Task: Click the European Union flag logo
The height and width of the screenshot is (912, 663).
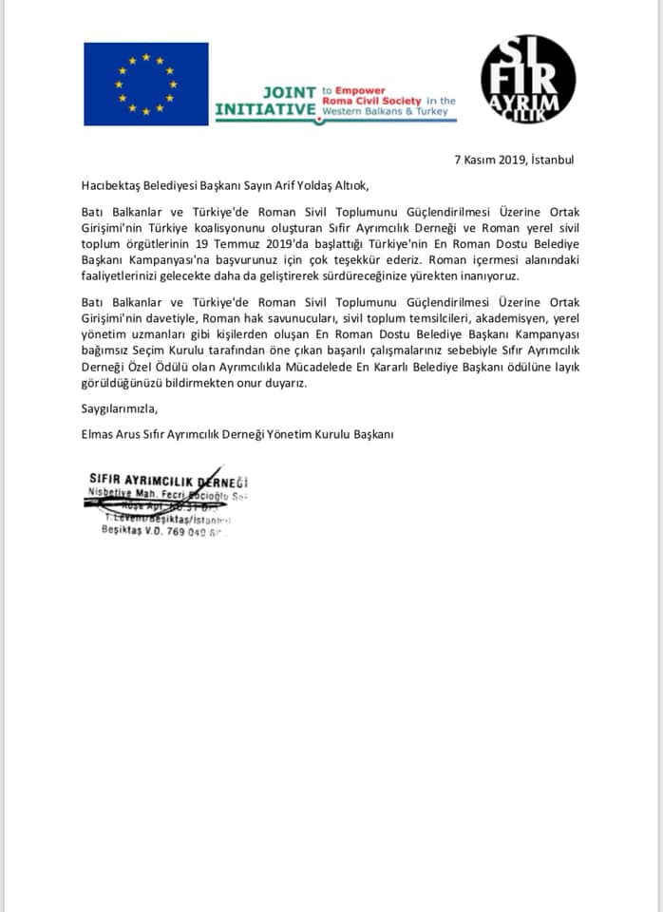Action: tap(145, 84)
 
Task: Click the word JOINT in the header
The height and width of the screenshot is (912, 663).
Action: tap(288, 92)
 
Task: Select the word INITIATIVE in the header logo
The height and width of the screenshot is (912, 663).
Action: tap(265, 109)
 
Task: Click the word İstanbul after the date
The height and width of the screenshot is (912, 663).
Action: tap(552, 160)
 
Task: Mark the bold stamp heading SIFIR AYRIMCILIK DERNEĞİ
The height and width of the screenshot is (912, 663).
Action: tap(167, 481)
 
